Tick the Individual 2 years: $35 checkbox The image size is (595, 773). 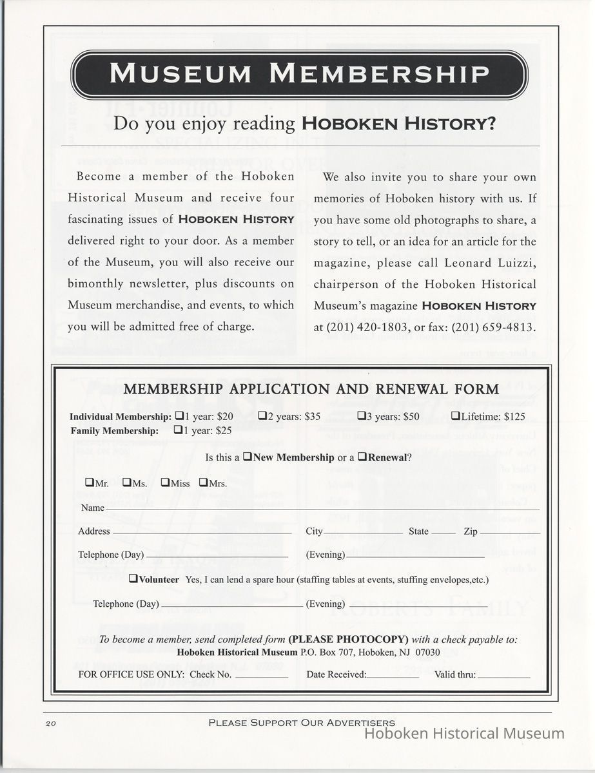(x=262, y=416)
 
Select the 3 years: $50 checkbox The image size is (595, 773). (x=362, y=416)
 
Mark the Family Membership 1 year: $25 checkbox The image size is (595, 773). (x=179, y=430)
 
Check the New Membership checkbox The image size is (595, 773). (x=247, y=457)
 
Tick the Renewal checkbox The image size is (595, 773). (x=362, y=457)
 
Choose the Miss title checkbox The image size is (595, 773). (x=165, y=482)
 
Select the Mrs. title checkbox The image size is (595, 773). (x=203, y=482)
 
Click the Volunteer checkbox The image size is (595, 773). (x=133, y=579)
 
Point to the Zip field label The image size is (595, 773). (x=471, y=531)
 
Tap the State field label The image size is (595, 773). (x=418, y=531)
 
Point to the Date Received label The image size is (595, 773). (x=336, y=674)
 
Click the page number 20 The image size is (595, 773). (x=52, y=723)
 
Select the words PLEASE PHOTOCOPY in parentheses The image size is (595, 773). (x=348, y=640)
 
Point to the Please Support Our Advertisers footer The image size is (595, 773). (x=302, y=723)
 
